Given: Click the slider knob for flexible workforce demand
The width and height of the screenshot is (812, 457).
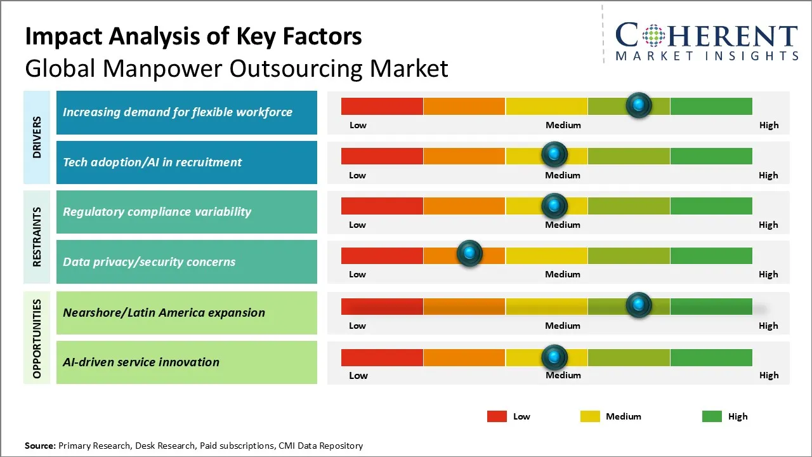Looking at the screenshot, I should coord(639,105).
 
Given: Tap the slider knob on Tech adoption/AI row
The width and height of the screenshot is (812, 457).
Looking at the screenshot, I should coord(554,154).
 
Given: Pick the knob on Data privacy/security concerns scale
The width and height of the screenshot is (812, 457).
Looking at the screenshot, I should coord(469,254).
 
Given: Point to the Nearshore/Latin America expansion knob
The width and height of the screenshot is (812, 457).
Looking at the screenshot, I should coord(639,305).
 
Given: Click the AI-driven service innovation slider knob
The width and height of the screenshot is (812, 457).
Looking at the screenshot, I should coord(554,357).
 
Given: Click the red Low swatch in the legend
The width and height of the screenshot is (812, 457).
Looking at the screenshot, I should coord(497,416).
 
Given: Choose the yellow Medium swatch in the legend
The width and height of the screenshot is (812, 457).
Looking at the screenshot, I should coord(590,416).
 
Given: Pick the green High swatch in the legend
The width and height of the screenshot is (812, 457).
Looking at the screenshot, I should coord(712,416).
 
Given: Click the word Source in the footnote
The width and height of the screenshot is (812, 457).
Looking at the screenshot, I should coord(40,446).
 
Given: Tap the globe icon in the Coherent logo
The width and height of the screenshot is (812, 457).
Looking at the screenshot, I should coord(653,36).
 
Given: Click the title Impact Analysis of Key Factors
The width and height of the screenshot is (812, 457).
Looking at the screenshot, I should coord(193,36).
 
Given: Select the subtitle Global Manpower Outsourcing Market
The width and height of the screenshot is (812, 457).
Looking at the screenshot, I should coord(237,68).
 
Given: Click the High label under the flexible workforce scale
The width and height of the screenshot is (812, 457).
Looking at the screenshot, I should coord(769,125).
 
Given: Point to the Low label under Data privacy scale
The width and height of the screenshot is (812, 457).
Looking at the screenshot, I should coord(357,274).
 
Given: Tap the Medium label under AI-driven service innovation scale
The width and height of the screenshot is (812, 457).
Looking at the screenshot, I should coord(563,375).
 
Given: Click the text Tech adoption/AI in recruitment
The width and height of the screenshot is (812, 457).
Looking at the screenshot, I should coord(152,162).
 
